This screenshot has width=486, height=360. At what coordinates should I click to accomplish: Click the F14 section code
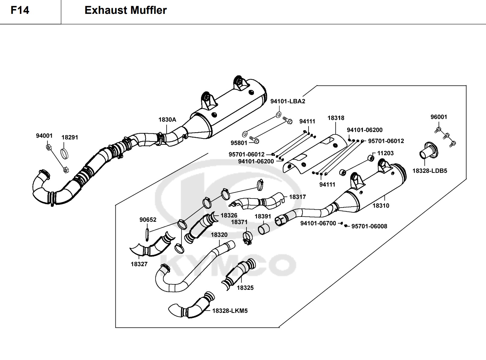coord(20,10)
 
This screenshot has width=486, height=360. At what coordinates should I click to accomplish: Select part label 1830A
coord(167,120)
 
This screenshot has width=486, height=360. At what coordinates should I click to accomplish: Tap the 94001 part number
coord(44,136)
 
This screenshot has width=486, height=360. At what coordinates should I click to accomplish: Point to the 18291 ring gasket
coord(64,153)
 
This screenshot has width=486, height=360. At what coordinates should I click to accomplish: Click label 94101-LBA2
coord(287,101)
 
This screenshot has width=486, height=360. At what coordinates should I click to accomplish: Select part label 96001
coord(439,117)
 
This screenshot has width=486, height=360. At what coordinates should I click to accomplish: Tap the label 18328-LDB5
coord(430,171)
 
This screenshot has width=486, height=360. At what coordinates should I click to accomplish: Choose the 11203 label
coord(385,153)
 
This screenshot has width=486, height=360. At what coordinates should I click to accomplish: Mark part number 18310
coord(381,205)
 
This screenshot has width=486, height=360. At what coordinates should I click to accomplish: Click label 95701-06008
coord(369,226)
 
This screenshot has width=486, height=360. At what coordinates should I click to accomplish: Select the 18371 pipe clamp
coord(247,238)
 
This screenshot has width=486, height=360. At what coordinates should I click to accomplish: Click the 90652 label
coord(148,220)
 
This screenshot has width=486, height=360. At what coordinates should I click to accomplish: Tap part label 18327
coord(139,264)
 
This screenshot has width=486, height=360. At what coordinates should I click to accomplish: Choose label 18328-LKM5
coord(230,311)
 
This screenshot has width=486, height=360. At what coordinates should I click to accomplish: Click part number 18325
coord(245,288)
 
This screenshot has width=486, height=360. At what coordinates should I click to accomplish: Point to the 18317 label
coord(297,197)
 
